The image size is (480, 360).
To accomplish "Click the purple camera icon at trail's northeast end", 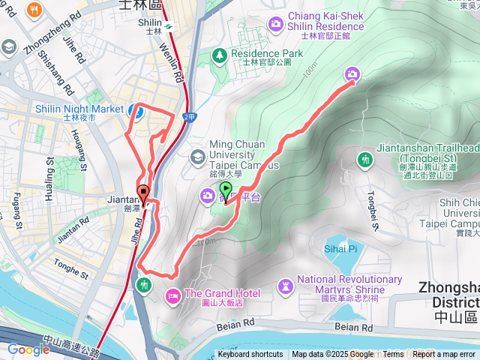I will click(x=352, y=73).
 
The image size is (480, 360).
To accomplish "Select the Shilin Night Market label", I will click(x=79, y=109).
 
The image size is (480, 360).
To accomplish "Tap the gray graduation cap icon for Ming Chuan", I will click(x=198, y=156).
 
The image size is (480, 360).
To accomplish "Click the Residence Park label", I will click(x=267, y=54).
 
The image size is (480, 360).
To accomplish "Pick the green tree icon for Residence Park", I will click(x=219, y=55).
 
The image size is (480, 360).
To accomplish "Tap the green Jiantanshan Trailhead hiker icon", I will click(x=365, y=160).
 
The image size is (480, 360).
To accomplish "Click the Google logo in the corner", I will click(x=28, y=349).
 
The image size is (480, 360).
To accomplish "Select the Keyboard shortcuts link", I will click(x=250, y=355).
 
